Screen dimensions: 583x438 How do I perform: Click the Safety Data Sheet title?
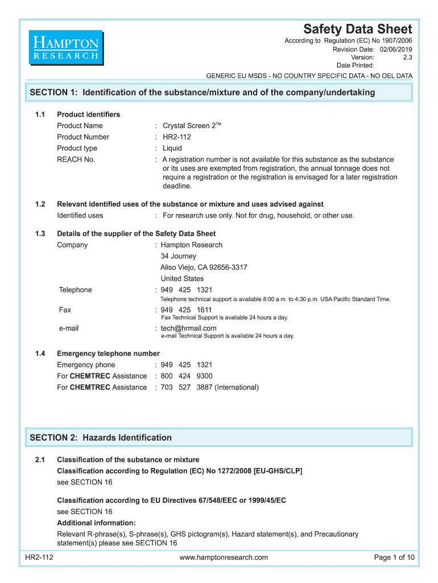[357, 29]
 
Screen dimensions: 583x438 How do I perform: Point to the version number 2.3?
[407, 58]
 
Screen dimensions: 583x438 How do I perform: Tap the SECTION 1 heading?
[202, 92]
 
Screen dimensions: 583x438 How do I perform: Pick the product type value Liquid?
[172, 148]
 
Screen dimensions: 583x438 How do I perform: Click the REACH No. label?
[76, 159]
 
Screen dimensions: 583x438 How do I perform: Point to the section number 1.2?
[40, 204]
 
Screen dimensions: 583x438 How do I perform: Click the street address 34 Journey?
[178, 256]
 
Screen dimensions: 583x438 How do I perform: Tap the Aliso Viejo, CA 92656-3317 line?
[204, 268]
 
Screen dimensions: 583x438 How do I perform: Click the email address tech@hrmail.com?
[188, 328]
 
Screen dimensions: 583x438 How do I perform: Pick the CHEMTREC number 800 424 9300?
[186, 376]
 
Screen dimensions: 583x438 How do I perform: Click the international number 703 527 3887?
[186, 387]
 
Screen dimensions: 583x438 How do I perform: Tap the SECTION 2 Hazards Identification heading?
[101, 438]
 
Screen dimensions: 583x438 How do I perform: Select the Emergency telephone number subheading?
[108, 354]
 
